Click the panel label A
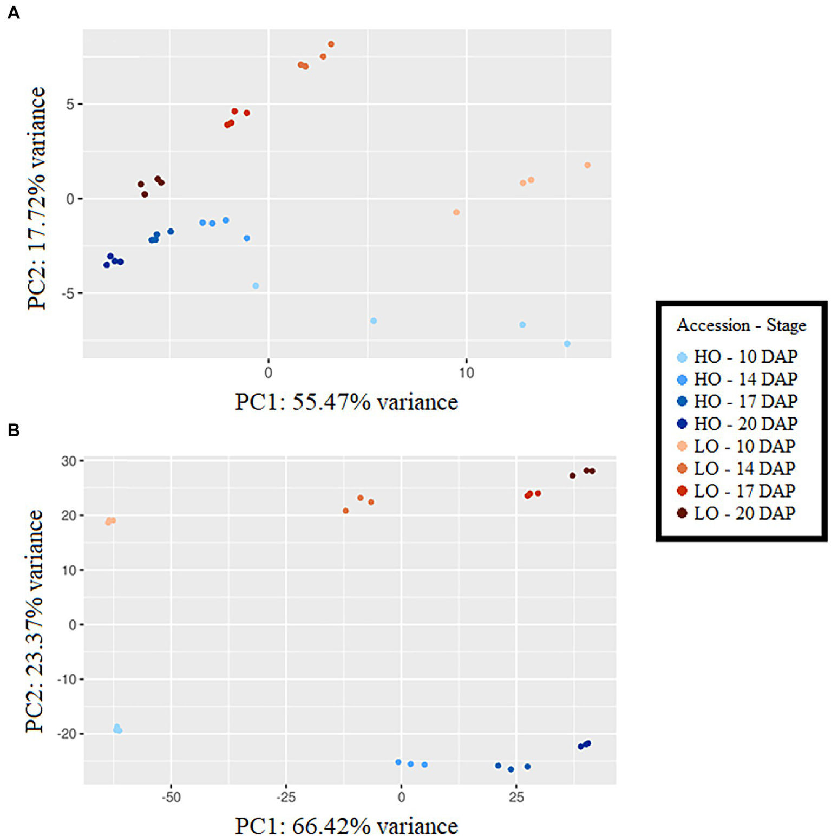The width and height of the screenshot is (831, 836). click(x=14, y=12)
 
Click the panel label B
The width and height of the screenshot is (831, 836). click(x=14, y=430)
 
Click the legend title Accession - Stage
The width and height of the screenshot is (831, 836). click(x=741, y=325)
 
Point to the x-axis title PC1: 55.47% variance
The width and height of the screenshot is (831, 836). click(x=346, y=402)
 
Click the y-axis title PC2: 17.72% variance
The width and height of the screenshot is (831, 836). click(x=37, y=198)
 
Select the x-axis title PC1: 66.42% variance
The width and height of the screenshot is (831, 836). click(x=346, y=826)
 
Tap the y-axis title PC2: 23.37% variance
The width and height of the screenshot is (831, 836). click(x=35, y=621)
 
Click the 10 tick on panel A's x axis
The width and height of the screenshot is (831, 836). click(x=466, y=373)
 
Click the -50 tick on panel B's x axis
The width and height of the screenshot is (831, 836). click(x=171, y=798)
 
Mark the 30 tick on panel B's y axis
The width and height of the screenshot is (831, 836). click(x=69, y=461)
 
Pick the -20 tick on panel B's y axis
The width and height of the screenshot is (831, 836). click(x=67, y=734)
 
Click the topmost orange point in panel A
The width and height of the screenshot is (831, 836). click(x=331, y=44)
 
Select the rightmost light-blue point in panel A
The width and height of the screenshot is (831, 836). click(x=567, y=344)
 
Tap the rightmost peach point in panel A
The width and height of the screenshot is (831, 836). click(x=587, y=165)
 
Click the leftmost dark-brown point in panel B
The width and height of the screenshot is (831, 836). click(x=572, y=475)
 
